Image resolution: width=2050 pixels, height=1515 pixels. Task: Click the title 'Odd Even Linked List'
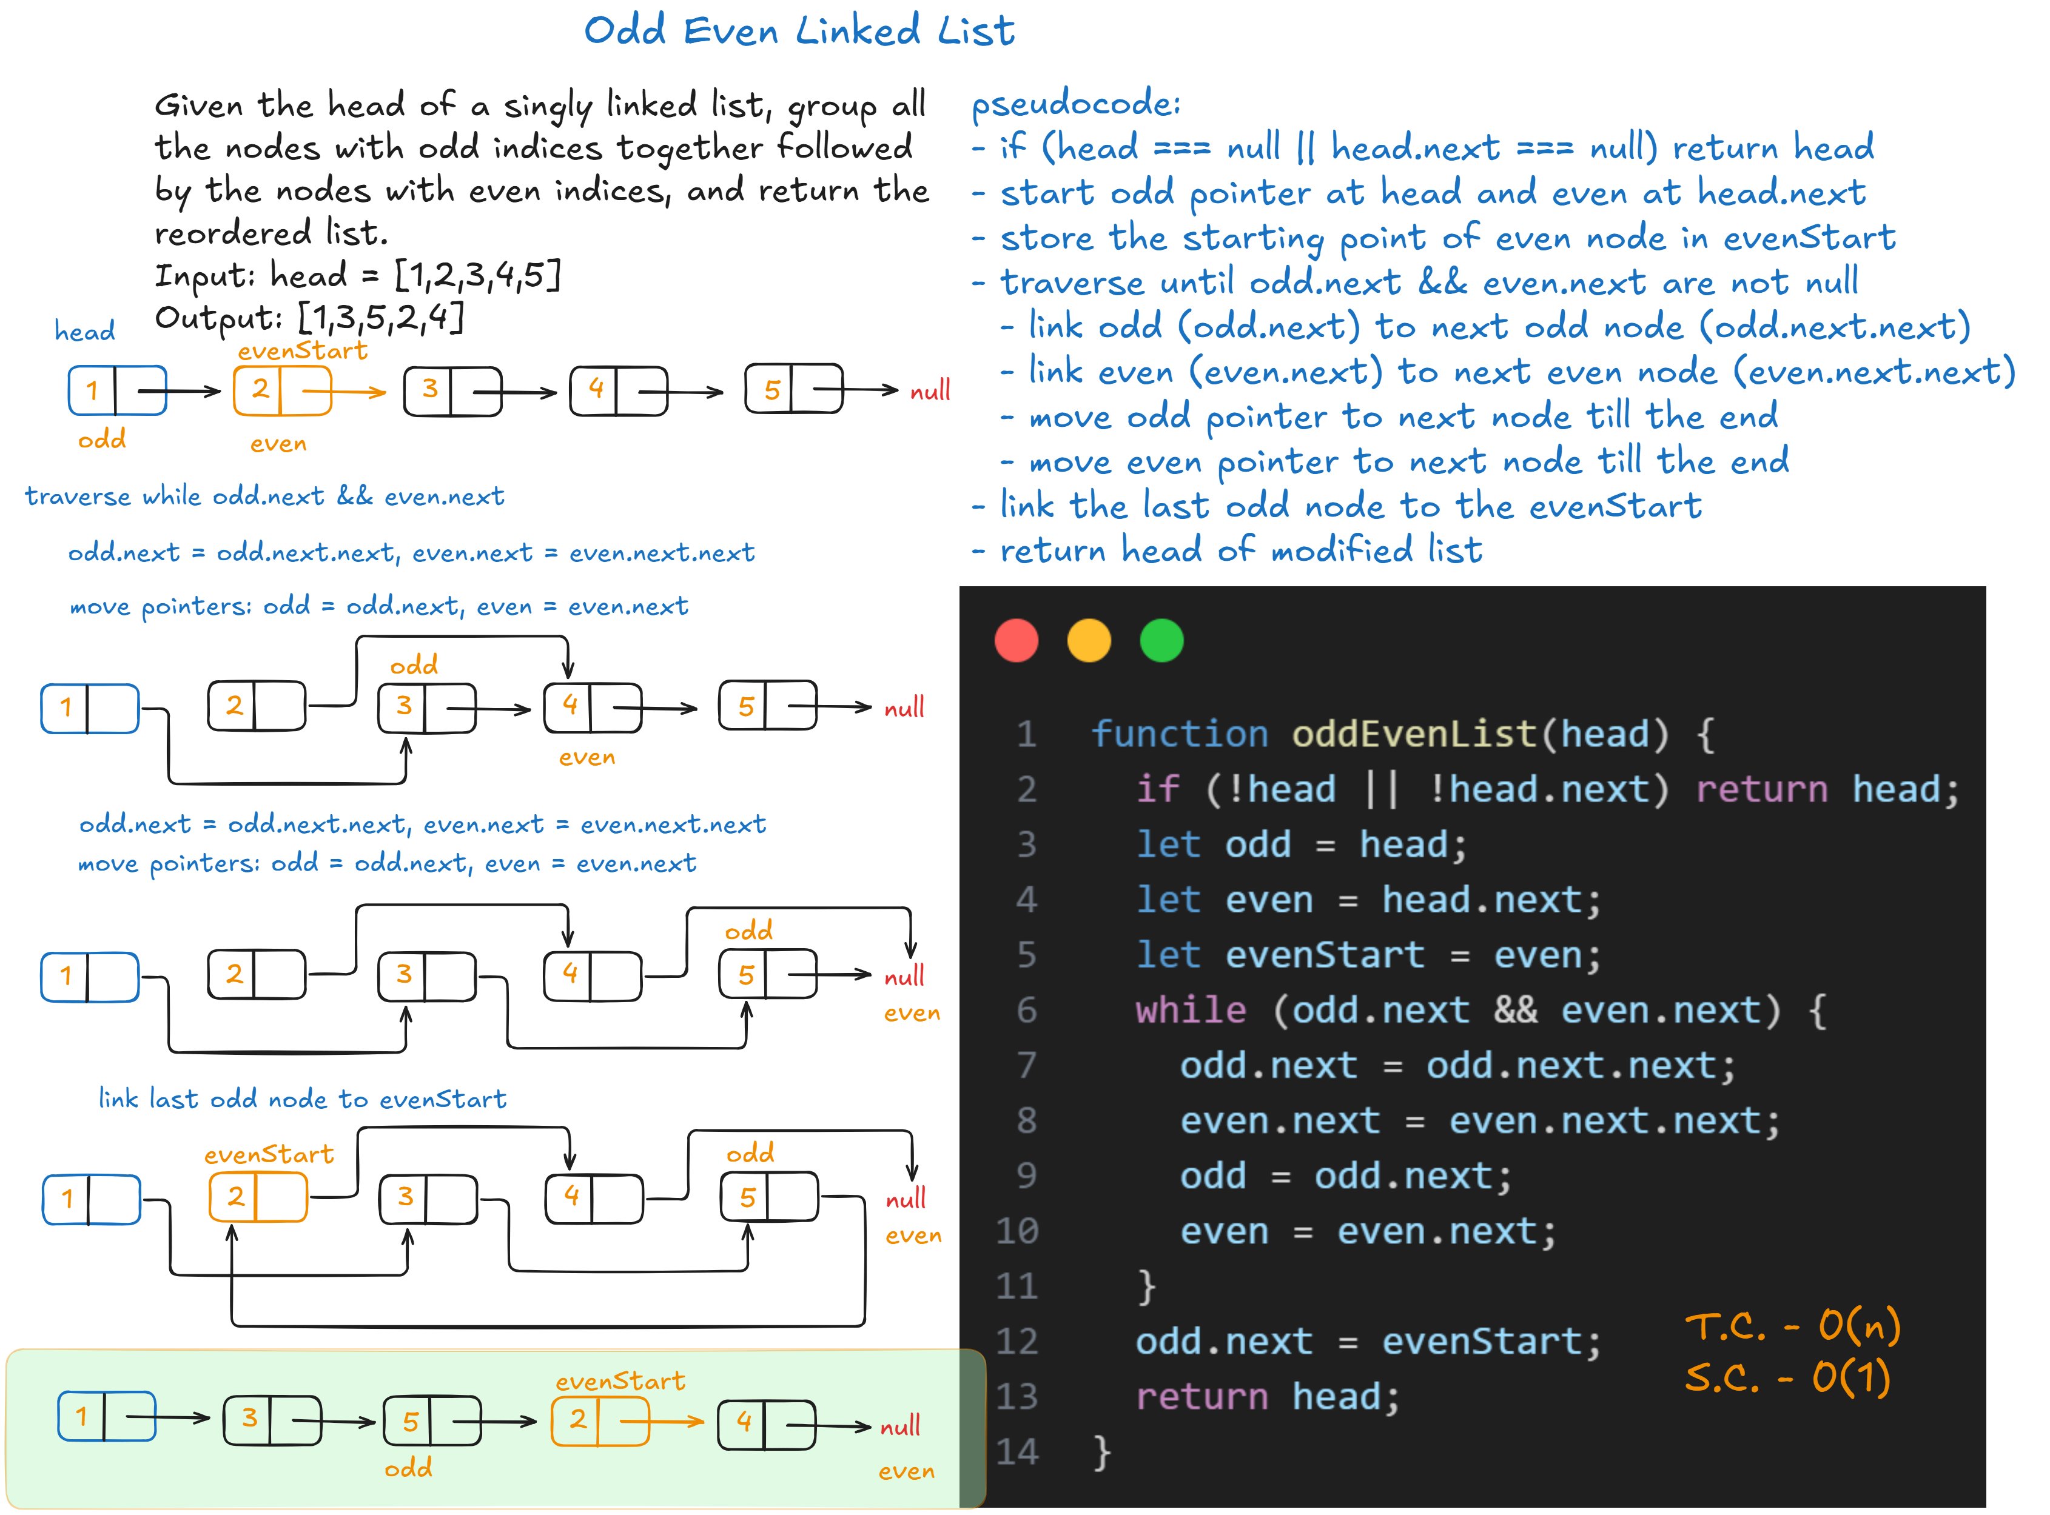799,31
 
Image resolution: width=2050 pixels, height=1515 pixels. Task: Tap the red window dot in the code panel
1017,640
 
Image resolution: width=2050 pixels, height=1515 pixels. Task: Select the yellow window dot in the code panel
1089,640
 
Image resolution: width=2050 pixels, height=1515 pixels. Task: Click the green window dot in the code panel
1161,640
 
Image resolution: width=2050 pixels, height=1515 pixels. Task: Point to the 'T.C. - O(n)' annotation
1792,1325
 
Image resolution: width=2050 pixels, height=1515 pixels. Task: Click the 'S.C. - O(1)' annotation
1787,1377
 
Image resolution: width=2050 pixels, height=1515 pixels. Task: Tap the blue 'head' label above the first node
84,330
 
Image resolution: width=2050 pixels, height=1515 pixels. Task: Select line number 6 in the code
1026,1009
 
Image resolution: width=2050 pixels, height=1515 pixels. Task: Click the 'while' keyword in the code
1191,1009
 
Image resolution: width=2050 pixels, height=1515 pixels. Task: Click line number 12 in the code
1017,1341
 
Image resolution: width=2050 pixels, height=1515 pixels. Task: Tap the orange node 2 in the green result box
600,1420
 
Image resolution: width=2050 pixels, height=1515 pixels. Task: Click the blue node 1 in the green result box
106,1417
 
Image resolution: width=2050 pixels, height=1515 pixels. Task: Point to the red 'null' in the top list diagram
929,392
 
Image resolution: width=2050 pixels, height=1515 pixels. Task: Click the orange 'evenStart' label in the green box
620,1380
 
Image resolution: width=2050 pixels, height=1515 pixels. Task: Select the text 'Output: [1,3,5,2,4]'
310,317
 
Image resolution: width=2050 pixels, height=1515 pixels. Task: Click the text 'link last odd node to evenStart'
303,1099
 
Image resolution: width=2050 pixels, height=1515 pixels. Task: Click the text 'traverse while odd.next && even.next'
264,496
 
